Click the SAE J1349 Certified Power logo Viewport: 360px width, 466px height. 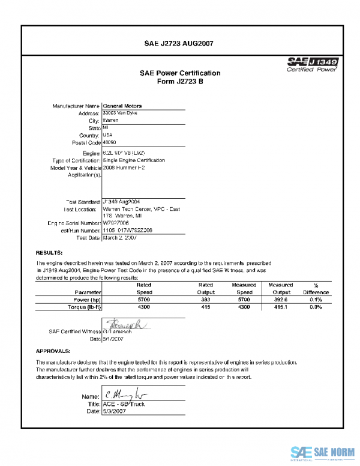(x=313, y=64)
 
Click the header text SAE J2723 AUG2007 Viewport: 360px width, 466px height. (x=179, y=43)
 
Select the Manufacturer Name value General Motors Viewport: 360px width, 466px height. (x=122, y=106)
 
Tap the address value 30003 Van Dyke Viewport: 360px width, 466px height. (x=119, y=113)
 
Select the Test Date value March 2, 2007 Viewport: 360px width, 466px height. (x=120, y=237)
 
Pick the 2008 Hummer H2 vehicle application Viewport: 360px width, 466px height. (x=124, y=168)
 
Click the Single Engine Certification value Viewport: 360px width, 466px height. (x=134, y=160)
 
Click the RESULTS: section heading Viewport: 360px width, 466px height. (x=49, y=253)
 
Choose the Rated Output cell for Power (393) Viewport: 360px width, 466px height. (x=206, y=298)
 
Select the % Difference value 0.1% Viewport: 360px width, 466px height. (x=316, y=298)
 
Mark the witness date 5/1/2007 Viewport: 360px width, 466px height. (x=114, y=339)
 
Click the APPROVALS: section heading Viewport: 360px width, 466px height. (x=53, y=350)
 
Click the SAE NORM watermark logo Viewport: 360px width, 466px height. (x=322, y=452)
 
